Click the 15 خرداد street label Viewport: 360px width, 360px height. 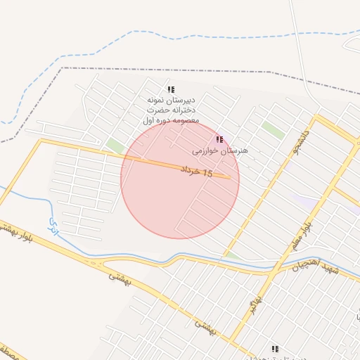tap(196, 171)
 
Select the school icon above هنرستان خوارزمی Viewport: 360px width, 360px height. tap(219, 140)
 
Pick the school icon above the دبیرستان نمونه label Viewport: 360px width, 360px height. tap(170, 90)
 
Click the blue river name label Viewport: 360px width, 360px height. tap(53, 224)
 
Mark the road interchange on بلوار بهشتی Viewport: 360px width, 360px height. tap(96, 263)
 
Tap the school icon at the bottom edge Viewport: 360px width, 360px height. tap(275, 349)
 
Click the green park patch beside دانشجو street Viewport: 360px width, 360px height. tap(274, 130)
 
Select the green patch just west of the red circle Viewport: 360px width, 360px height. tap(114, 146)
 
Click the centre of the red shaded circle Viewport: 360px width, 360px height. tap(180, 179)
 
